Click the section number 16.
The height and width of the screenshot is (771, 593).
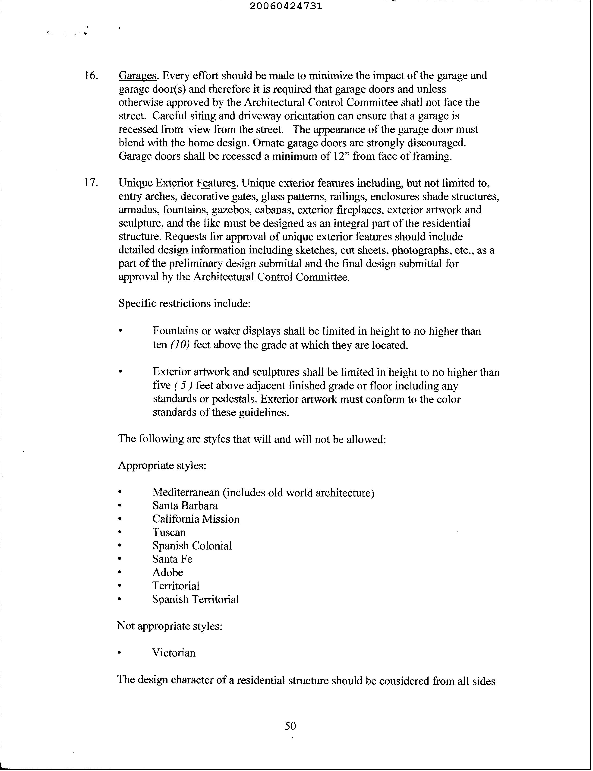click(91, 76)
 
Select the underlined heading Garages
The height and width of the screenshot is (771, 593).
click(137, 76)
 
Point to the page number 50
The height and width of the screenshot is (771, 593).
click(290, 726)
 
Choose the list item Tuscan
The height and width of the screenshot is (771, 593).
click(169, 532)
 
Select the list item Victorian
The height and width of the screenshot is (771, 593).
click(174, 653)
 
